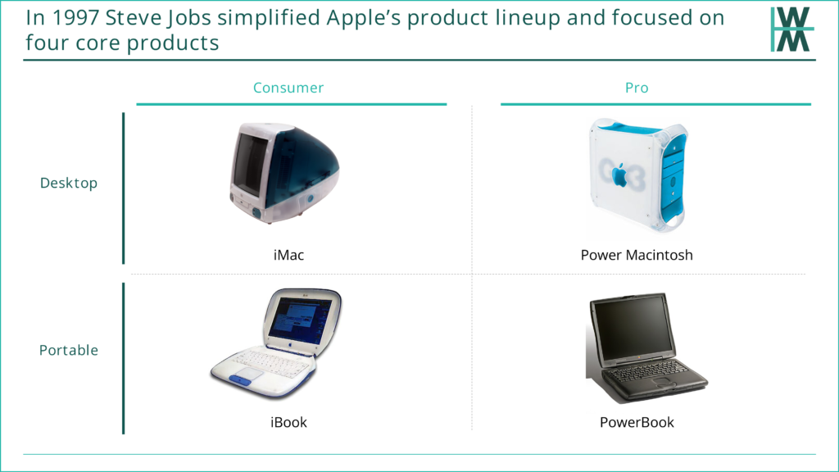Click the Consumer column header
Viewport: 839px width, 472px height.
288,88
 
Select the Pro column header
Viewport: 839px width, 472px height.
637,88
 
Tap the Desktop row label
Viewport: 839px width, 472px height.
69,183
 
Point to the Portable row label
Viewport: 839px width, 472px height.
69,350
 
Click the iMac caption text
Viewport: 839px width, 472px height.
288,255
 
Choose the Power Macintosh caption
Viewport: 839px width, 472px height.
637,255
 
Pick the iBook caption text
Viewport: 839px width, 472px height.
288,422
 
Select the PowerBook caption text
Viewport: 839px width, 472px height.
637,422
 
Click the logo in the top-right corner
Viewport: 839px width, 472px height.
792,29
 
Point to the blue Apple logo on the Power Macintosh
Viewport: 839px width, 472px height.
620,175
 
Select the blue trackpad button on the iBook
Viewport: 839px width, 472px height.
240,380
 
